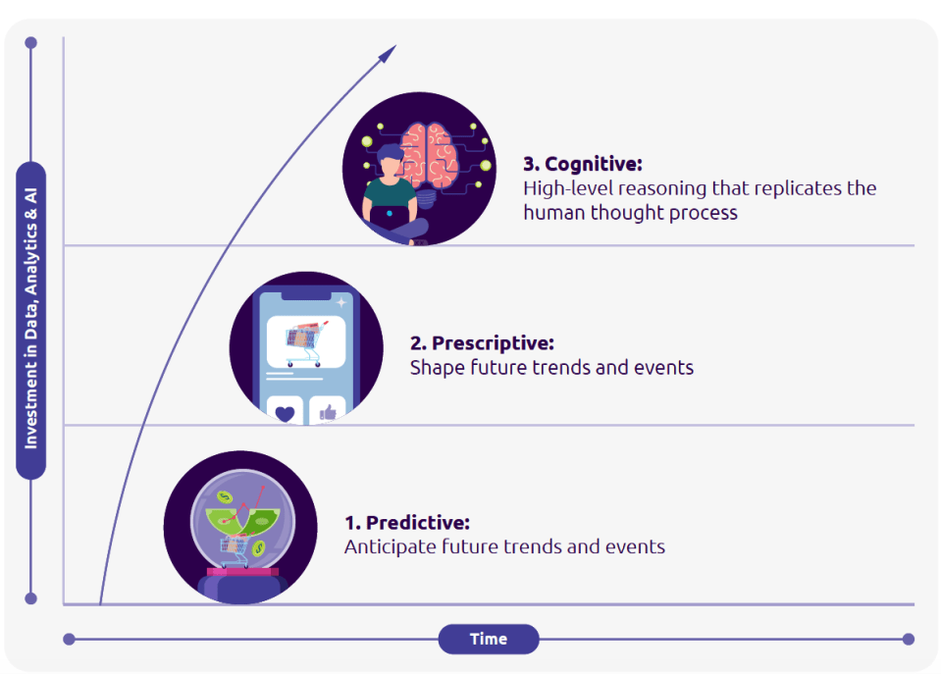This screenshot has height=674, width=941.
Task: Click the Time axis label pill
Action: [x=488, y=639]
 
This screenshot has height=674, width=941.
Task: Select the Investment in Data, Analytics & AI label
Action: [x=31, y=321]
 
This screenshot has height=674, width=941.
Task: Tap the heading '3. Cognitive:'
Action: [x=583, y=164]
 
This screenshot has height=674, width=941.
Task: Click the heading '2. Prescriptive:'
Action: [x=482, y=343]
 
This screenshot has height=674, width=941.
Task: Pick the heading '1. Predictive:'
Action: [x=407, y=523]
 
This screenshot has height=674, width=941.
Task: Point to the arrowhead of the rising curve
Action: [x=390, y=52]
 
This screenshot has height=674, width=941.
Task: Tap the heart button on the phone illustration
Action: [x=285, y=412]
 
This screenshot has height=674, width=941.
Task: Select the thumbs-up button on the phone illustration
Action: [x=327, y=412]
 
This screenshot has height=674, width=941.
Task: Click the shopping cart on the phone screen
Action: [x=303, y=337]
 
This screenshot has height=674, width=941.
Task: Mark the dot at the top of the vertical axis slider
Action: [x=31, y=43]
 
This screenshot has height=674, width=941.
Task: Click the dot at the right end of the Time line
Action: [x=908, y=639]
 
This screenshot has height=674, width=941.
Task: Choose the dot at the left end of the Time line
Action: [x=69, y=639]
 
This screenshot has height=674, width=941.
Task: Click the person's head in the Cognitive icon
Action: [x=390, y=160]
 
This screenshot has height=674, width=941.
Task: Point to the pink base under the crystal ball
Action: [x=241, y=572]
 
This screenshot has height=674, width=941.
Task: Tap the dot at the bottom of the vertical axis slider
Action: [x=31, y=597]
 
